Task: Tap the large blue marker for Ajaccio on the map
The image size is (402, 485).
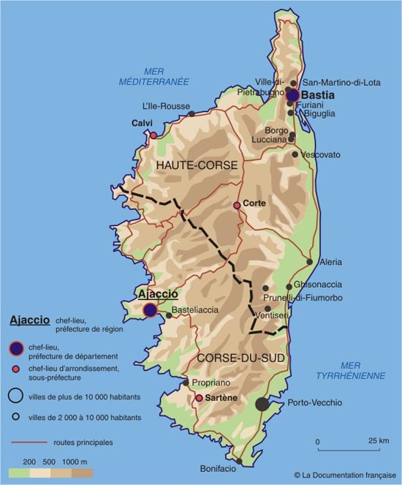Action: pyautogui.click(x=150, y=310)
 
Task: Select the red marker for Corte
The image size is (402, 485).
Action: pyautogui.click(x=237, y=206)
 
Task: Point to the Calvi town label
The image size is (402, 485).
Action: pyautogui.click(x=142, y=123)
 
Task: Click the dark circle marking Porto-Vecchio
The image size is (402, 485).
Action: pyautogui.click(x=262, y=404)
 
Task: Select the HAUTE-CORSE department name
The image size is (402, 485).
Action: pyautogui.click(x=197, y=166)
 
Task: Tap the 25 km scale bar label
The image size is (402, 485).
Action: pyautogui.click(x=377, y=441)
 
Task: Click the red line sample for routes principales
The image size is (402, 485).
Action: pyautogui.click(x=28, y=443)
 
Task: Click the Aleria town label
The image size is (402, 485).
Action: pyautogui.click(x=330, y=262)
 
